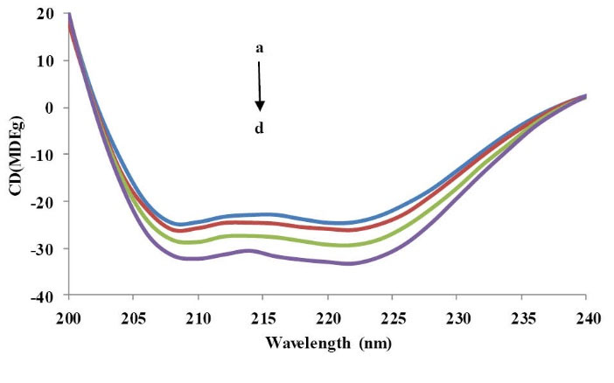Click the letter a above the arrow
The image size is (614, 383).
(260, 49)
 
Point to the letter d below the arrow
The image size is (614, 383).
(260, 129)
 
